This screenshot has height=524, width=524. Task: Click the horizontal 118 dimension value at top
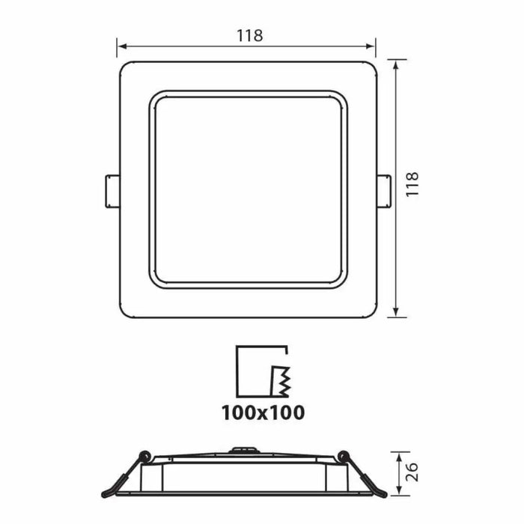(x=249, y=35)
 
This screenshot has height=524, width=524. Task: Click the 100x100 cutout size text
(x=262, y=412)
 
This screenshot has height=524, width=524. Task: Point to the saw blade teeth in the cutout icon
(x=281, y=381)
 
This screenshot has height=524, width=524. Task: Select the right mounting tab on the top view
(x=383, y=191)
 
